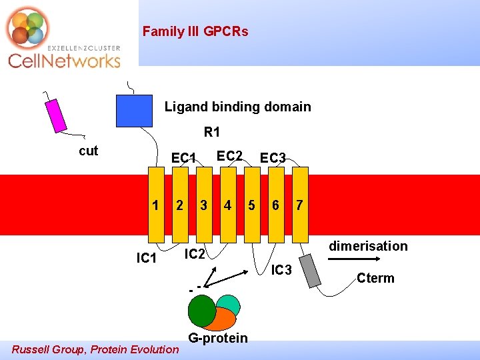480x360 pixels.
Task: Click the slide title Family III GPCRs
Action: (195, 31)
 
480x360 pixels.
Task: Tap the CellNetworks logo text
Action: (64, 61)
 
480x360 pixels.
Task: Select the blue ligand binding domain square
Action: (134, 111)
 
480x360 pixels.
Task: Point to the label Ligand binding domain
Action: (237, 107)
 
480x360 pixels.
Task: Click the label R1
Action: (212, 132)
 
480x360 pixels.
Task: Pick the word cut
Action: (88, 151)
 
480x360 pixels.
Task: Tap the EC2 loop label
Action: (229, 156)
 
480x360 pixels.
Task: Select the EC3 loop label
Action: (273, 158)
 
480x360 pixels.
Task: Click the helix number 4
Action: (228, 205)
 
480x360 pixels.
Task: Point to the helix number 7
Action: (300, 205)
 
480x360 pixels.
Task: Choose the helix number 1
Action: (155, 205)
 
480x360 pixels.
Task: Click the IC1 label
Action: (146, 258)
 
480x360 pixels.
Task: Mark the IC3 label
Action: (281, 270)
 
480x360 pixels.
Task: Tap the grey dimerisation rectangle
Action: (311, 268)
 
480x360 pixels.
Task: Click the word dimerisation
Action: (368, 246)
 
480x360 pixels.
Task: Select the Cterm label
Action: (375, 278)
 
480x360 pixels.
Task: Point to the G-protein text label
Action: (217, 338)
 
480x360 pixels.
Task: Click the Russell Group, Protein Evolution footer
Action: (95, 349)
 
